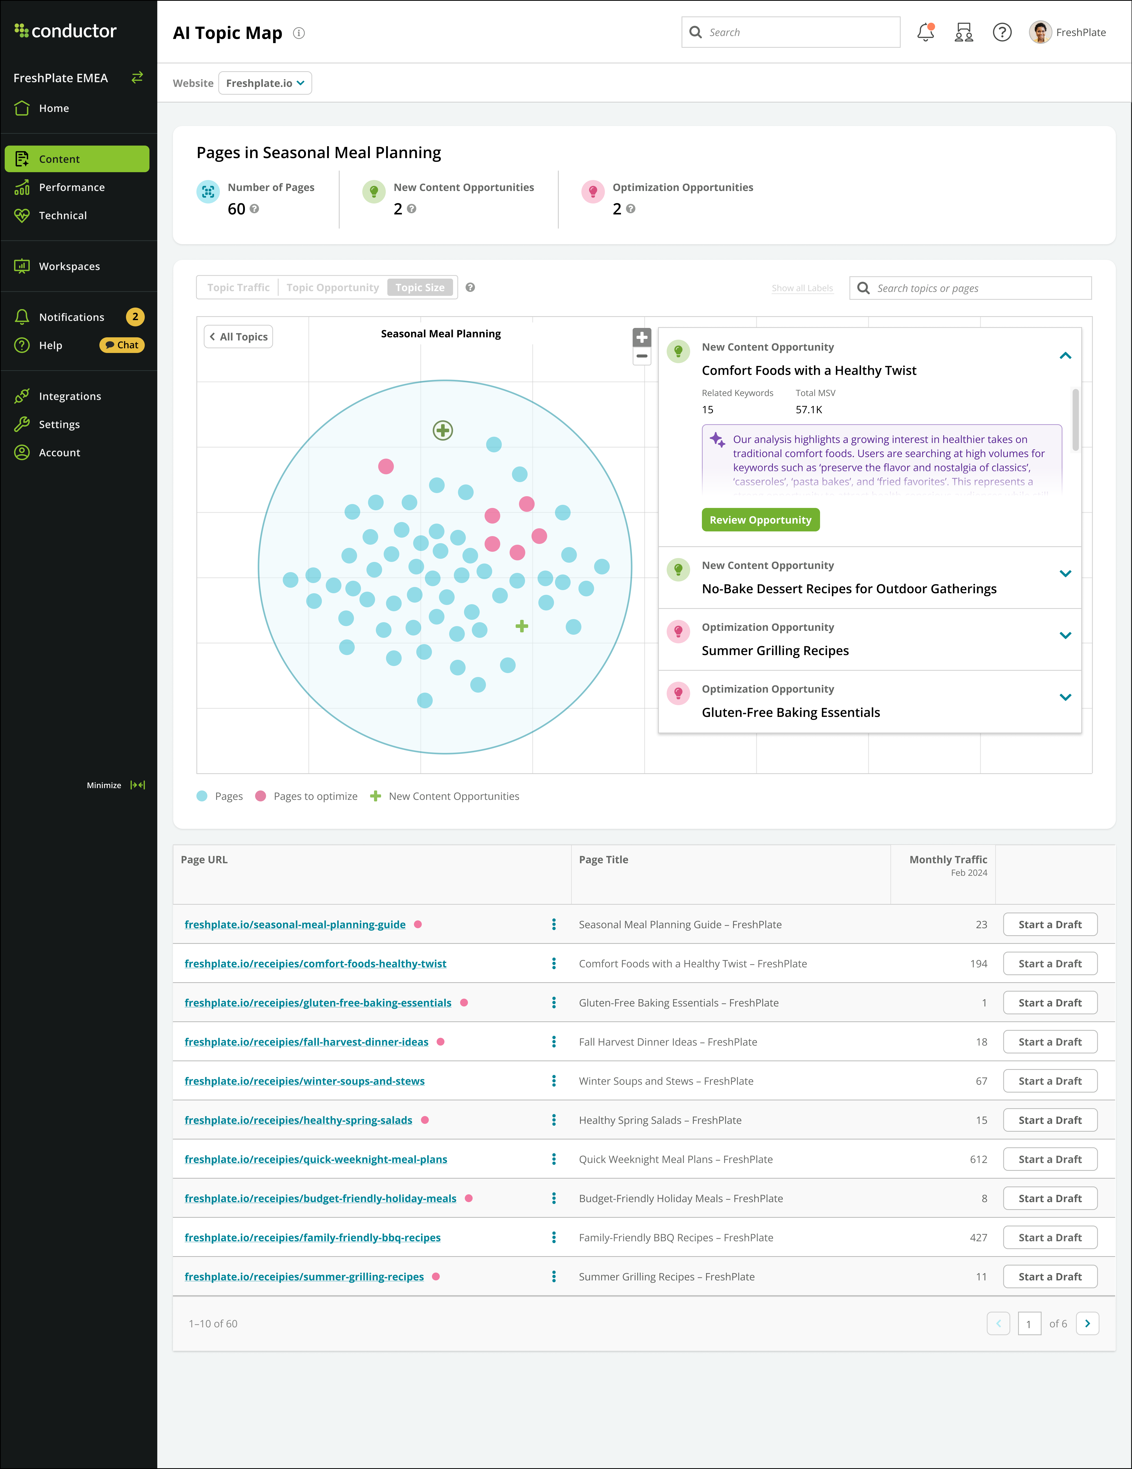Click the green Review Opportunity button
click(x=760, y=520)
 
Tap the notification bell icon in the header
click(x=925, y=32)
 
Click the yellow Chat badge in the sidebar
click(x=122, y=345)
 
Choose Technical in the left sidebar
click(x=63, y=215)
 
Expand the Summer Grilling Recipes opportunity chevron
click(x=1065, y=635)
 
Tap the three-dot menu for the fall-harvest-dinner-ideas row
click(x=553, y=1042)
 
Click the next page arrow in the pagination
click(x=1087, y=1324)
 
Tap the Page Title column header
click(x=603, y=860)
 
